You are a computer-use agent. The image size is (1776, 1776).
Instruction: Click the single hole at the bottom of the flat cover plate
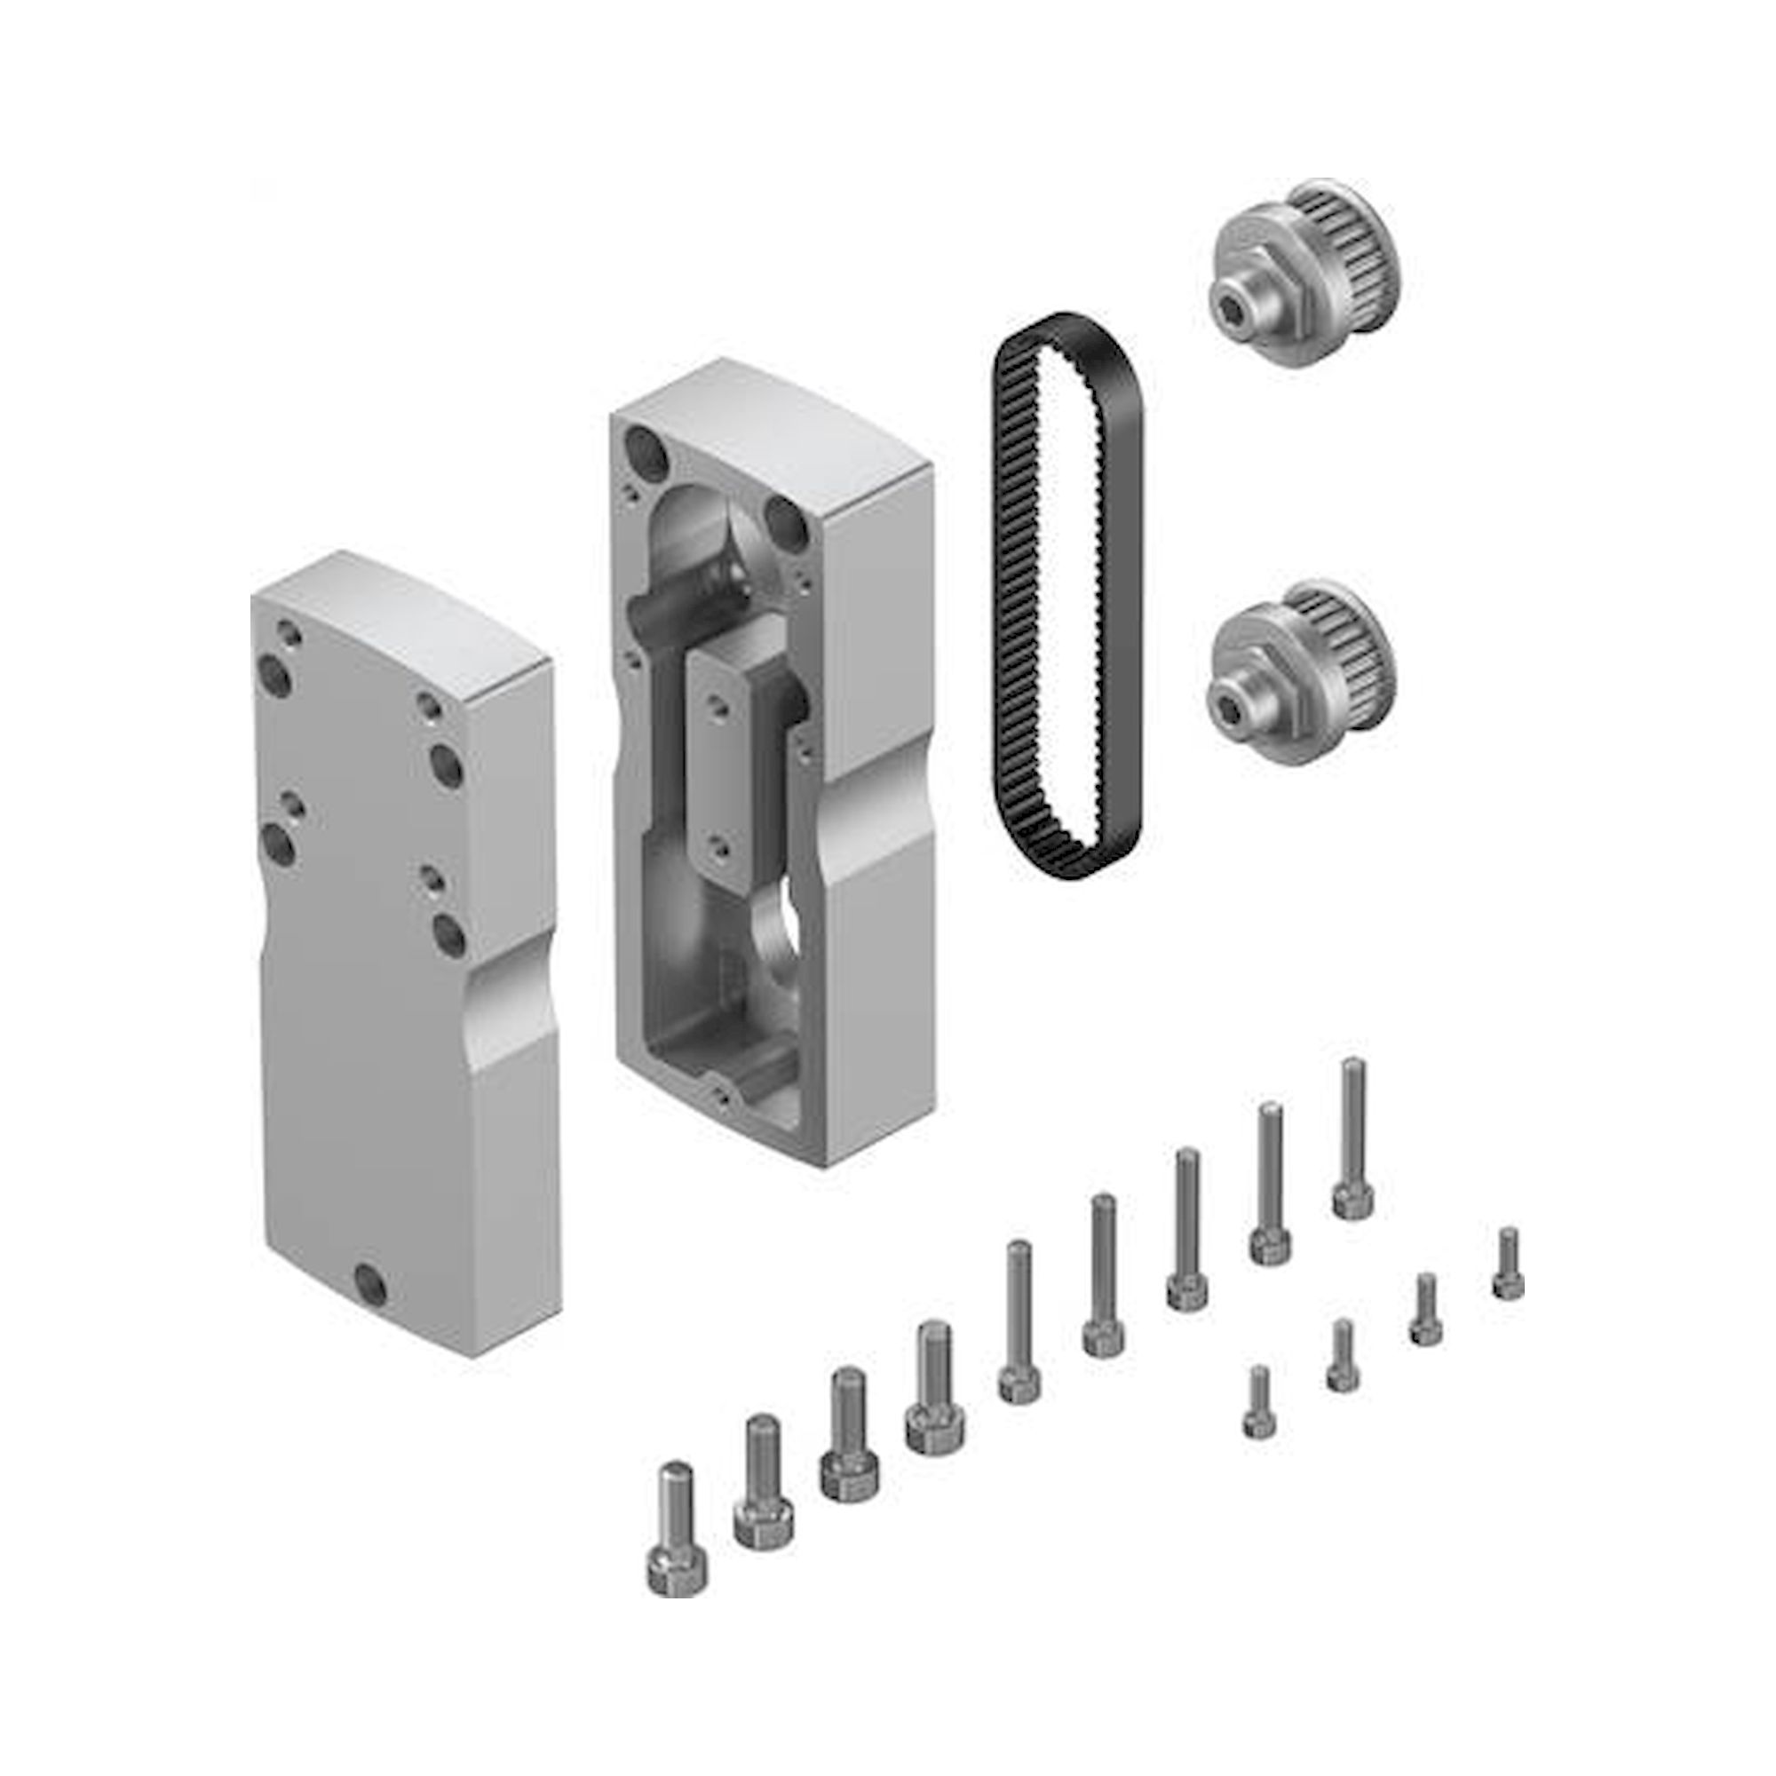[370, 1281]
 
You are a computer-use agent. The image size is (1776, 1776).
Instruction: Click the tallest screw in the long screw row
[1352, 1140]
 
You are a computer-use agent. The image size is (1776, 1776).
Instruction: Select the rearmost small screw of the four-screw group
[1508, 1264]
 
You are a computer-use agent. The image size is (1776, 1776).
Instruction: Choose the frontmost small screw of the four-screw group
[1258, 1402]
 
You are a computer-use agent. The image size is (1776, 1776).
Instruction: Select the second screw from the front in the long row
[763, 1480]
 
